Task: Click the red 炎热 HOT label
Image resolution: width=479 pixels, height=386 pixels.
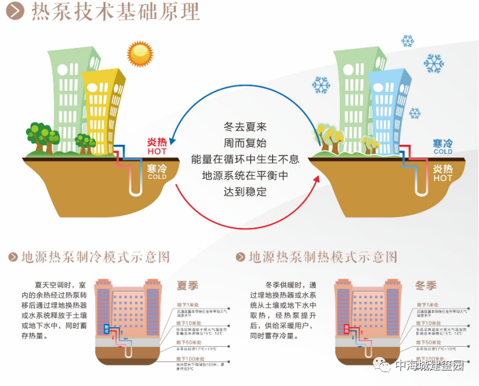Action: coord(156,147)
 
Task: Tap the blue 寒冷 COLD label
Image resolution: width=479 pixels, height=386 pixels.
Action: coord(443,147)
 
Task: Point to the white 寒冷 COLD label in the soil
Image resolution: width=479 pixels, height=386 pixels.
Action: coord(157,171)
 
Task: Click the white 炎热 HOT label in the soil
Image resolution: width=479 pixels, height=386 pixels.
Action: coord(443,173)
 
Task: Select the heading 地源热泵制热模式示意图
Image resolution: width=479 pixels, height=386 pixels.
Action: coord(323,257)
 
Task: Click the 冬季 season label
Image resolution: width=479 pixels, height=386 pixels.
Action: coord(426,285)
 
